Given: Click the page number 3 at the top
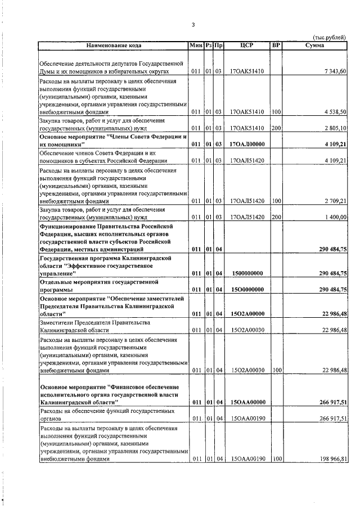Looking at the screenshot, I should [x=193, y=24].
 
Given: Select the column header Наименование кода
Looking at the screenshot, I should [x=114, y=44].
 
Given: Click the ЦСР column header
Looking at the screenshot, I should [x=247, y=44].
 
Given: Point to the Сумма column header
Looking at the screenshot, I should [x=314, y=44].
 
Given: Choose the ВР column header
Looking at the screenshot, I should [x=276, y=44].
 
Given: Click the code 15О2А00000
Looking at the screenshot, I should [x=247, y=313].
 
